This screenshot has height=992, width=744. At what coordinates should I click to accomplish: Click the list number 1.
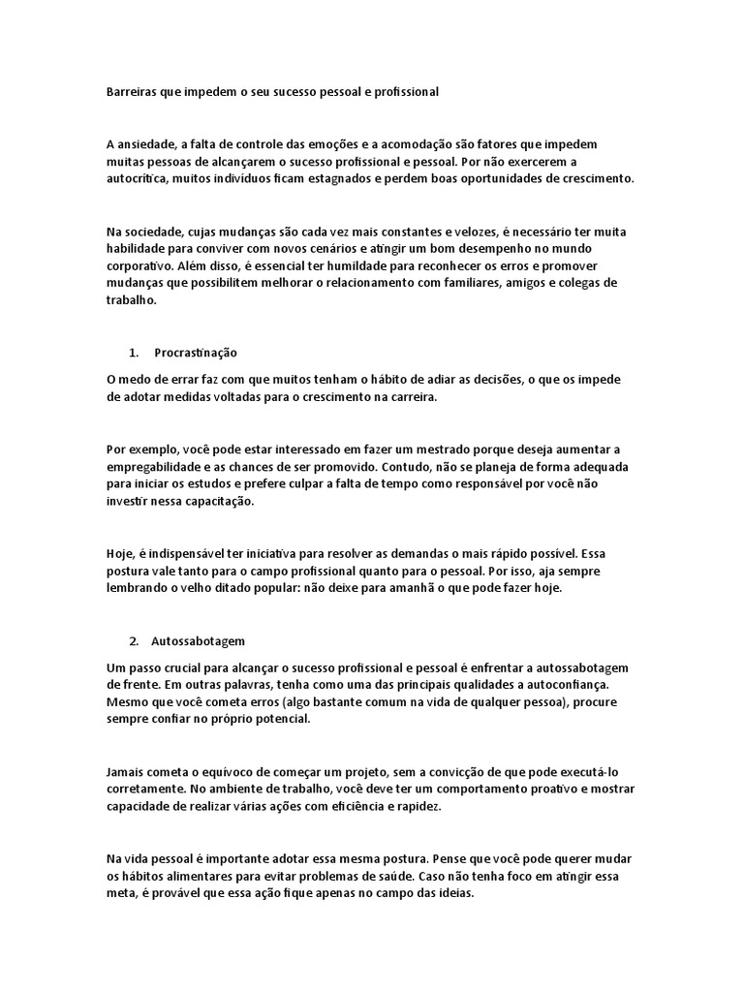point(133,353)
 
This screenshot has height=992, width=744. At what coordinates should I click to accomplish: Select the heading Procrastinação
point(196,353)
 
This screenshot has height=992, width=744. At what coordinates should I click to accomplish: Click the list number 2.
point(133,640)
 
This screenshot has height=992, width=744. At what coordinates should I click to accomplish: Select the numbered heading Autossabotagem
point(199,640)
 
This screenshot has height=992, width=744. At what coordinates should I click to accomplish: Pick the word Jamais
point(124,772)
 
